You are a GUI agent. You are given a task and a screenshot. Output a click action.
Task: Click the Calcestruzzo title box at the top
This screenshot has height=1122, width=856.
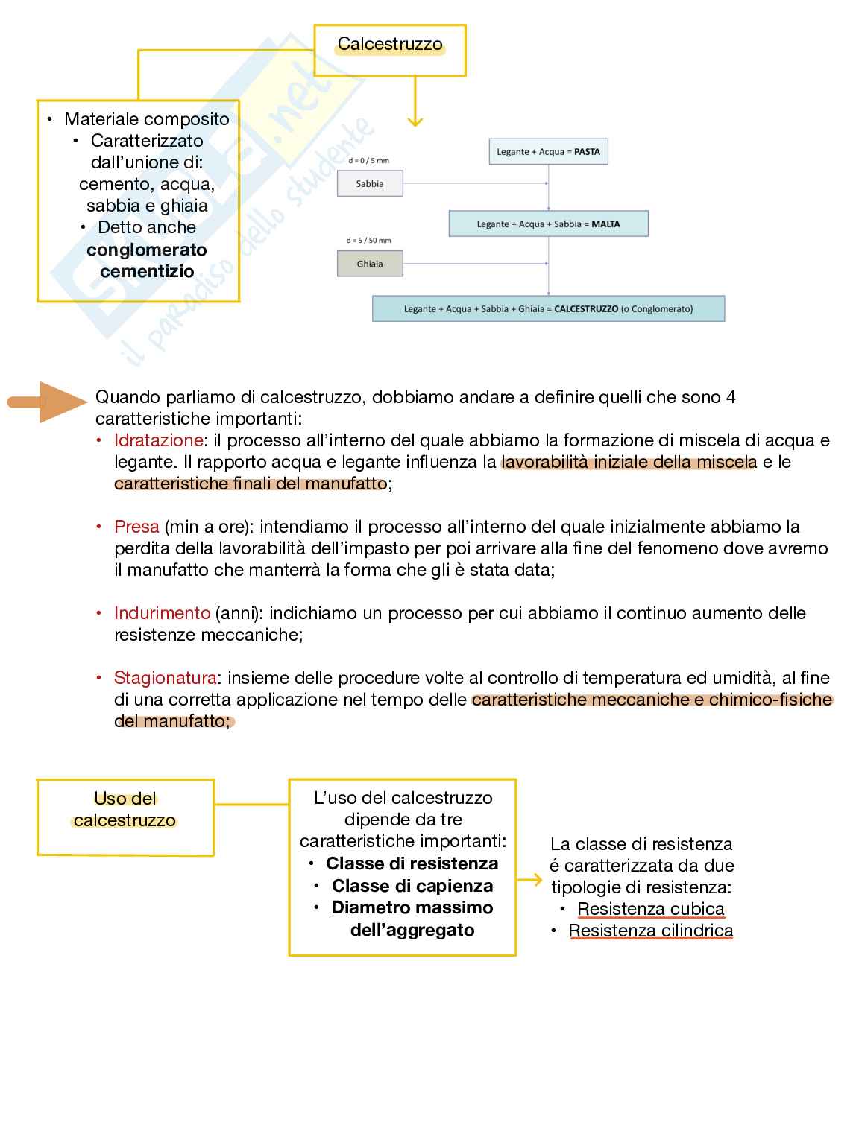[x=389, y=50]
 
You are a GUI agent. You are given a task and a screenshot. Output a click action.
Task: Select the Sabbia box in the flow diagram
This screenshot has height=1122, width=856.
[x=370, y=183]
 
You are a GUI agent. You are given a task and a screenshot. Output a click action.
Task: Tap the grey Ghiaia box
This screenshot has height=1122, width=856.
[x=370, y=264]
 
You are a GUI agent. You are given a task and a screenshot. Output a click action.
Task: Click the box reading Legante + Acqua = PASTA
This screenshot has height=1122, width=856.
[x=548, y=151]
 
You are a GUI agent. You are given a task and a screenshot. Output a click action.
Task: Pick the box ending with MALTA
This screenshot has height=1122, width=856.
[x=548, y=224]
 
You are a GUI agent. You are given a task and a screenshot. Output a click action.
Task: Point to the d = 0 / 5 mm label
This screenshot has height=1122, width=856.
[x=369, y=160]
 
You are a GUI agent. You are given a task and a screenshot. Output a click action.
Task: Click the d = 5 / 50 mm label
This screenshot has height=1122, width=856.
[x=369, y=241]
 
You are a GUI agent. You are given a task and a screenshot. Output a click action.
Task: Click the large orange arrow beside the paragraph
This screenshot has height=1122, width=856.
[x=48, y=402]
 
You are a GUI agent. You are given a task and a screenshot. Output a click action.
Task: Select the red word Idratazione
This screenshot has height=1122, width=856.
[x=158, y=440]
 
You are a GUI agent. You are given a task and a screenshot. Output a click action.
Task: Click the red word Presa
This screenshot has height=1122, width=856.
[x=136, y=527]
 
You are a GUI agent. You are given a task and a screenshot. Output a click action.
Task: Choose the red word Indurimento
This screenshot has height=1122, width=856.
[x=162, y=613]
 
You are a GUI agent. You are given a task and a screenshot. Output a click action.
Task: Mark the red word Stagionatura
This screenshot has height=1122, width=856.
[x=165, y=678]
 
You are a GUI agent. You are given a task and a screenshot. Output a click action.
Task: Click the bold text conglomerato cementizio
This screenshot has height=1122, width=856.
[x=146, y=261]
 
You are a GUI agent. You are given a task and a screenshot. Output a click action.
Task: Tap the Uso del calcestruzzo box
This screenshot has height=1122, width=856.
[x=125, y=817]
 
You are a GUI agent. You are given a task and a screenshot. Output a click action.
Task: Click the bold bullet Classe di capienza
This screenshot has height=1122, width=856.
[x=412, y=886]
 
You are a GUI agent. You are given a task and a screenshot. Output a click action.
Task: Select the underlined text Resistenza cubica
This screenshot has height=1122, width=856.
[x=650, y=909]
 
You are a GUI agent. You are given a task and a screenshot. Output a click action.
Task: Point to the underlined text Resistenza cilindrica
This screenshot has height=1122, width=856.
[x=650, y=931]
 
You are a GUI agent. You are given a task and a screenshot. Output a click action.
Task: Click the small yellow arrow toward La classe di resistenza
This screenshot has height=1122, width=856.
[x=529, y=880]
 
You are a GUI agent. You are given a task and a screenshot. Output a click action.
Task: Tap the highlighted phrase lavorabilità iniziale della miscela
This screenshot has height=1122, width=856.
[x=629, y=462]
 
